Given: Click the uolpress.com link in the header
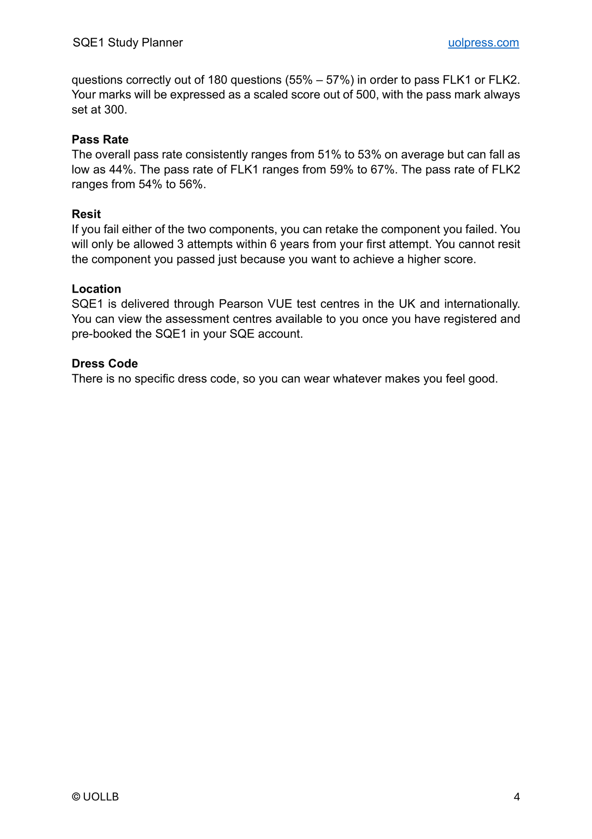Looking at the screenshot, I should pyautogui.click(x=483, y=43).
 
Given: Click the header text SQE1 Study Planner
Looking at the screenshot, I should pyautogui.click(x=127, y=43).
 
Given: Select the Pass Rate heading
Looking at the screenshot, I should pyautogui.click(x=100, y=139).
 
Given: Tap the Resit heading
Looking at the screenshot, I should pyautogui.click(x=86, y=214).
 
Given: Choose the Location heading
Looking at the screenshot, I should pyautogui.click(x=96, y=289).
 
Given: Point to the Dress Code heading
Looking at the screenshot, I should pyautogui.click(x=104, y=363).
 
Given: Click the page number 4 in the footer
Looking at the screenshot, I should pyautogui.click(x=517, y=797).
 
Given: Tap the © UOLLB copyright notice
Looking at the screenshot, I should pyautogui.click(x=95, y=797).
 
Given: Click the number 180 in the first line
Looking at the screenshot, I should pyautogui.click(x=218, y=80).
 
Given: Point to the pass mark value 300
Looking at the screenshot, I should pyautogui.click(x=115, y=110).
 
